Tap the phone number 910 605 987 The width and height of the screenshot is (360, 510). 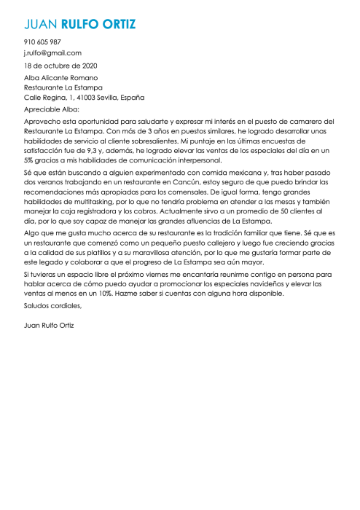click(x=42, y=42)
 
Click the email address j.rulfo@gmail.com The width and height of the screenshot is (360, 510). click(x=52, y=53)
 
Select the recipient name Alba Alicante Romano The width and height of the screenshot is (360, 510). click(x=61, y=78)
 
